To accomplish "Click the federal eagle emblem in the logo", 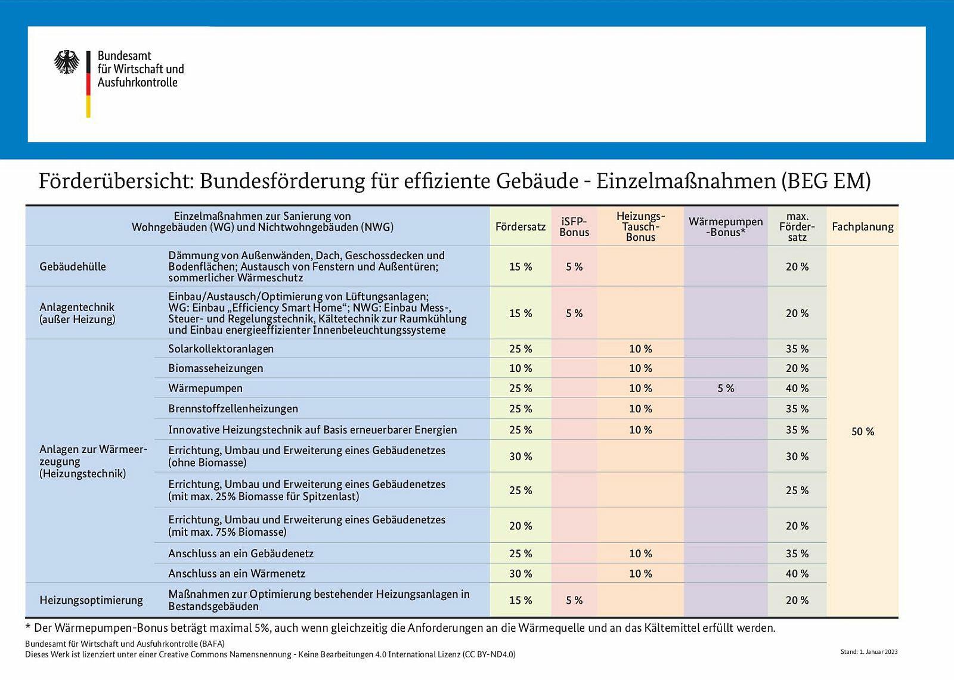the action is pyautogui.click(x=67, y=62).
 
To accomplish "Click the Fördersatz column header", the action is pyautogui.click(x=520, y=226).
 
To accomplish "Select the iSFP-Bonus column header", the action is pyautogui.click(x=574, y=226).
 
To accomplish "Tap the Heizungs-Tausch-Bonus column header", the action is pyautogui.click(x=640, y=226).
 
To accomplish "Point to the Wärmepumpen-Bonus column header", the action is pyautogui.click(x=726, y=226).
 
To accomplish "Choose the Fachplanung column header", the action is pyautogui.click(x=862, y=226).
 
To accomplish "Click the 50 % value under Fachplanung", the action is pyautogui.click(x=862, y=431).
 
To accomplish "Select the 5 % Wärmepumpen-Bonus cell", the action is pyautogui.click(x=726, y=389).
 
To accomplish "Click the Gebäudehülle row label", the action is pyautogui.click(x=73, y=266).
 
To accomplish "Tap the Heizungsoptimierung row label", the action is pyautogui.click(x=91, y=600).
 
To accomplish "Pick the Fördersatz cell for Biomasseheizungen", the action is pyautogui.click(x=520, y=368).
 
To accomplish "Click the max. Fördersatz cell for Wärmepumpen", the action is pyautogui.click(x=797, y=389).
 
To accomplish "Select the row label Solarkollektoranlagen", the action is pyautogui.click(x=221, y=349).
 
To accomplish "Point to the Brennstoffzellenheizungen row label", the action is pyautogui.click(x=233, y=409).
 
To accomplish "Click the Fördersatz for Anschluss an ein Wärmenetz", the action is pyautogui.click(x=520, y=573).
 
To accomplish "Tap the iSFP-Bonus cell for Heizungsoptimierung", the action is pyautogui.click(x=574, y=600).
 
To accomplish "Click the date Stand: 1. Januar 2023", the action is pyautogui.click(x=869, y=652).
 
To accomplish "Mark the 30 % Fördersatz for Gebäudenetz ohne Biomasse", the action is pyautogui.click(x=520, y=457).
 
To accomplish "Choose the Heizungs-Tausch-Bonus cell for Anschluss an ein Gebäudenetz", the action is pyautogui.click(x=640, y=554).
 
